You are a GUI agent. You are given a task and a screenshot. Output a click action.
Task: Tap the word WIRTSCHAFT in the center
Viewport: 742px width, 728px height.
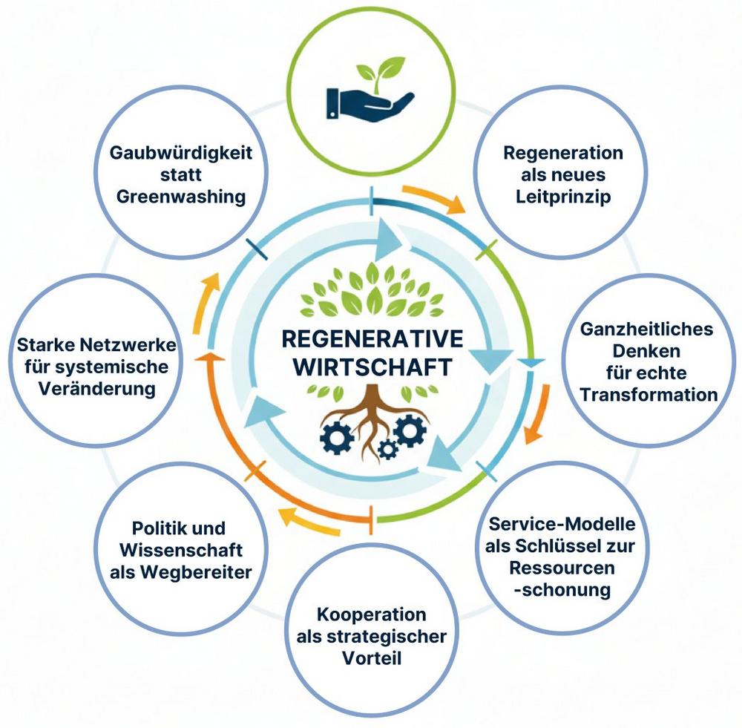click(x=372, y=366)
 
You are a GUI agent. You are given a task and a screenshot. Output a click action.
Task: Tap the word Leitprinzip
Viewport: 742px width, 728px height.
click(x=563, y=198)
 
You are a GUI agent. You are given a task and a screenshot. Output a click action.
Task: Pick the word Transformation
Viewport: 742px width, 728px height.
click(x=649, y=394)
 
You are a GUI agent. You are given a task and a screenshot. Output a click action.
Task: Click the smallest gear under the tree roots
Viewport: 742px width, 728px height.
click(x=387, y=448)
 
